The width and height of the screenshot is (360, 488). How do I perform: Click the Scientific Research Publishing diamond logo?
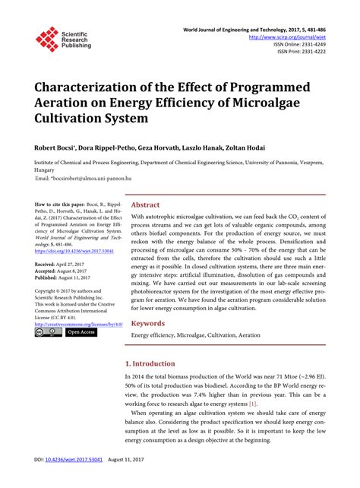[x=46, y=38]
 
